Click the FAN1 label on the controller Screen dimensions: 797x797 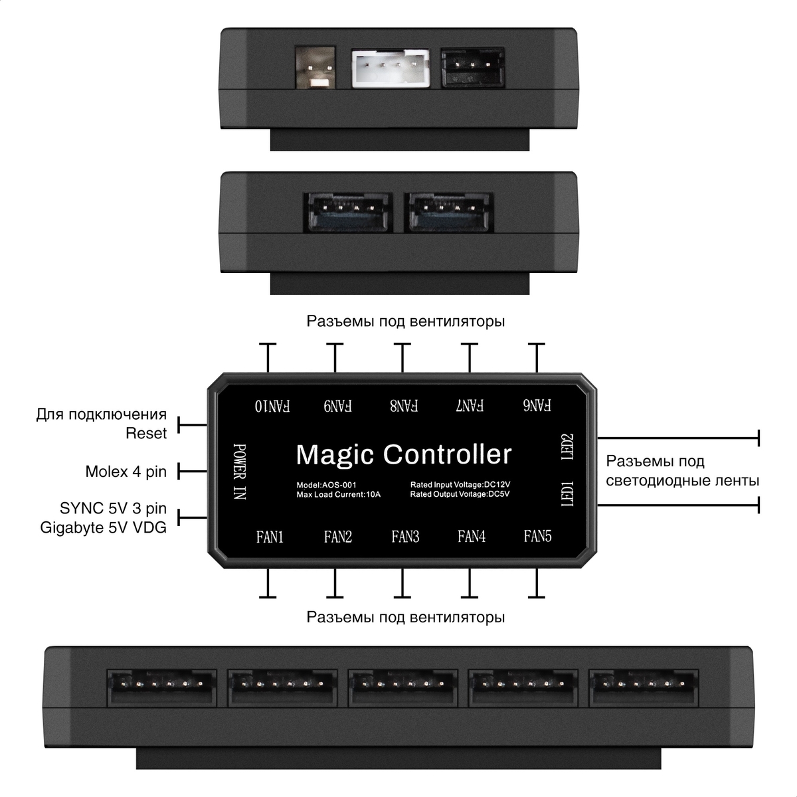coord(270,537)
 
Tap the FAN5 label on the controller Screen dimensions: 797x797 coord(537,536)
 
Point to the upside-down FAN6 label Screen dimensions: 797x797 coord(537,405)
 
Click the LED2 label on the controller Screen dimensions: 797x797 coord(568,447)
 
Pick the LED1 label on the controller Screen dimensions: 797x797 coord(568,493)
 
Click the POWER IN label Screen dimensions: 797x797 coord(240,472)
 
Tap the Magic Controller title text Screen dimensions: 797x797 coord(404,455)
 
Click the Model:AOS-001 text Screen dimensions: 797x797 coord(326,485)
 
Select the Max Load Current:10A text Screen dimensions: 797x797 coord(339,495)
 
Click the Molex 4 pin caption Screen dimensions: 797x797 coord(126,472)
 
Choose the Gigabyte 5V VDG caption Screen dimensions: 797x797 coord(103,527)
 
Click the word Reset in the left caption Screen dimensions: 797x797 coord(146,434)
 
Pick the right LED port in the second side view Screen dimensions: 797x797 coord(450,212)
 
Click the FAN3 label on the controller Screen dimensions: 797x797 coord(405,537)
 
